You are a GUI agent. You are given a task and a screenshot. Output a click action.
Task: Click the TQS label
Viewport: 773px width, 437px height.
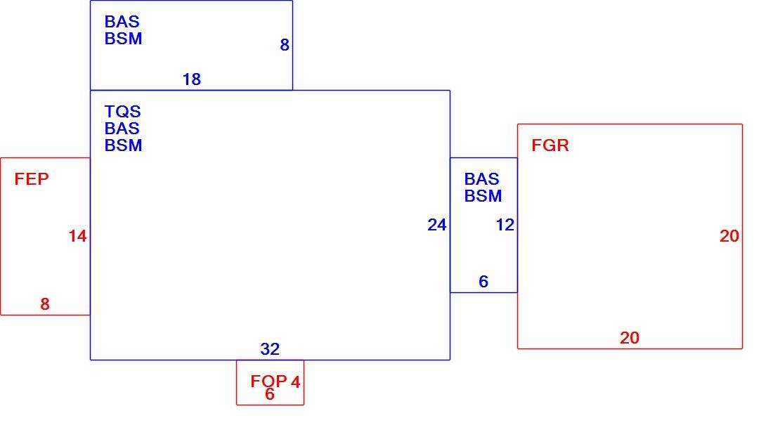(x=123, y=111)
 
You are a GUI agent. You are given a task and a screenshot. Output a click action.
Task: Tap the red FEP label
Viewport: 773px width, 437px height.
(x=32, y=179)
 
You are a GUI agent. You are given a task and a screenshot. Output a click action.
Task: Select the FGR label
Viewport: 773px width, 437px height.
(x=550, y=145)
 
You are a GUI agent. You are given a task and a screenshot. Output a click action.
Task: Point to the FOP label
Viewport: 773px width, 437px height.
(x=268, y=381)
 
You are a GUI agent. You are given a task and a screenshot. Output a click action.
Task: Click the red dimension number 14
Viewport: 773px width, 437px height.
(x=77, y=236)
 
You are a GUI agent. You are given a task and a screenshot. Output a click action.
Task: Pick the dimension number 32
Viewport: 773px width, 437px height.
(x=270, y=348)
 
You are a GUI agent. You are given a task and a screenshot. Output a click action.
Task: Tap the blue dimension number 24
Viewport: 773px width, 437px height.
(x=437, y=225)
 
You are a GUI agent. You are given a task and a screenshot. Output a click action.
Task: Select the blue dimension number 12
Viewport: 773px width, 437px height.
(x=505, y=225)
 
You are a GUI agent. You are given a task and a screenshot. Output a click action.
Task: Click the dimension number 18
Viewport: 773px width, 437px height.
(x=192, y=79)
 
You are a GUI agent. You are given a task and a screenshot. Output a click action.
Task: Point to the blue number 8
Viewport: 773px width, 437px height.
(x=285, y=45)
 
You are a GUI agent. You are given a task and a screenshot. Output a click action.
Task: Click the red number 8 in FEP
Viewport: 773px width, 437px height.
(x=45, y=304)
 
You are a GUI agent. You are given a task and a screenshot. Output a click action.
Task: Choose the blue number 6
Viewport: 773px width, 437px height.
(x=483, y=281)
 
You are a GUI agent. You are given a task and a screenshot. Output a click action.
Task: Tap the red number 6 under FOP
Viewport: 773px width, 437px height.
(x=270, y=394)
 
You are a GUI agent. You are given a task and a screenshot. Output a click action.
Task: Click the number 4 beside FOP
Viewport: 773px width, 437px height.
(x=295, y=381)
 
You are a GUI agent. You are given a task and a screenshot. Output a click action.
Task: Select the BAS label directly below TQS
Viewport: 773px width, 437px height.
(x=122, y=128)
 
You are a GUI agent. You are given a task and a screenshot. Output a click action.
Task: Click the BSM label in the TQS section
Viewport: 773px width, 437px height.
(x=123, y=145)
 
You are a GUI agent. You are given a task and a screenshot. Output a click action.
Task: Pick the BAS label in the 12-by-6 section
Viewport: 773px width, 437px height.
(x=481, y=179)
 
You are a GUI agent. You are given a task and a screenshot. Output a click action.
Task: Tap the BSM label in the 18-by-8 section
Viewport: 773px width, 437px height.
(x=123, y=39)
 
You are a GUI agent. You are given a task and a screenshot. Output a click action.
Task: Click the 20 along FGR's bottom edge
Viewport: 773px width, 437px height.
(x=630, y=337)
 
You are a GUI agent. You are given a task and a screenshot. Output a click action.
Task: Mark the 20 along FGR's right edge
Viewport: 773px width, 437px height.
(x=729, y=236)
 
